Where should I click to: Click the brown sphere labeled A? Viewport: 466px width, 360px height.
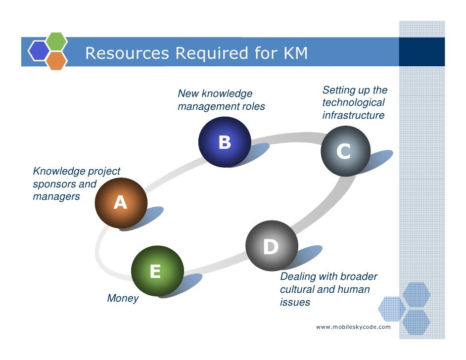point(121,203)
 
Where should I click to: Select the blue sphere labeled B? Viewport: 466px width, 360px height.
point(224,142)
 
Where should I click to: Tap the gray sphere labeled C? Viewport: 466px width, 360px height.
point(345,151)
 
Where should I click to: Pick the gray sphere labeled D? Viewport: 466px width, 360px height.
point(272,246)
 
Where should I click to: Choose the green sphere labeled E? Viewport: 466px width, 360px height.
point(157,270)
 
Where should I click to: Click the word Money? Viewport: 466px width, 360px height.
point(123,299)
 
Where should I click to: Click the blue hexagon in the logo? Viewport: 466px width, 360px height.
point(38,51)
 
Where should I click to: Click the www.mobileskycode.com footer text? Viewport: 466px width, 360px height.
point(353,327)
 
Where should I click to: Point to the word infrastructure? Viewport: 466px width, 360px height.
point(353,116)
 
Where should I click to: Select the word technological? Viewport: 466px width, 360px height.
point(353,103)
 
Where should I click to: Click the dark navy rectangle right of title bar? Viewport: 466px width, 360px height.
point(421,52)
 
